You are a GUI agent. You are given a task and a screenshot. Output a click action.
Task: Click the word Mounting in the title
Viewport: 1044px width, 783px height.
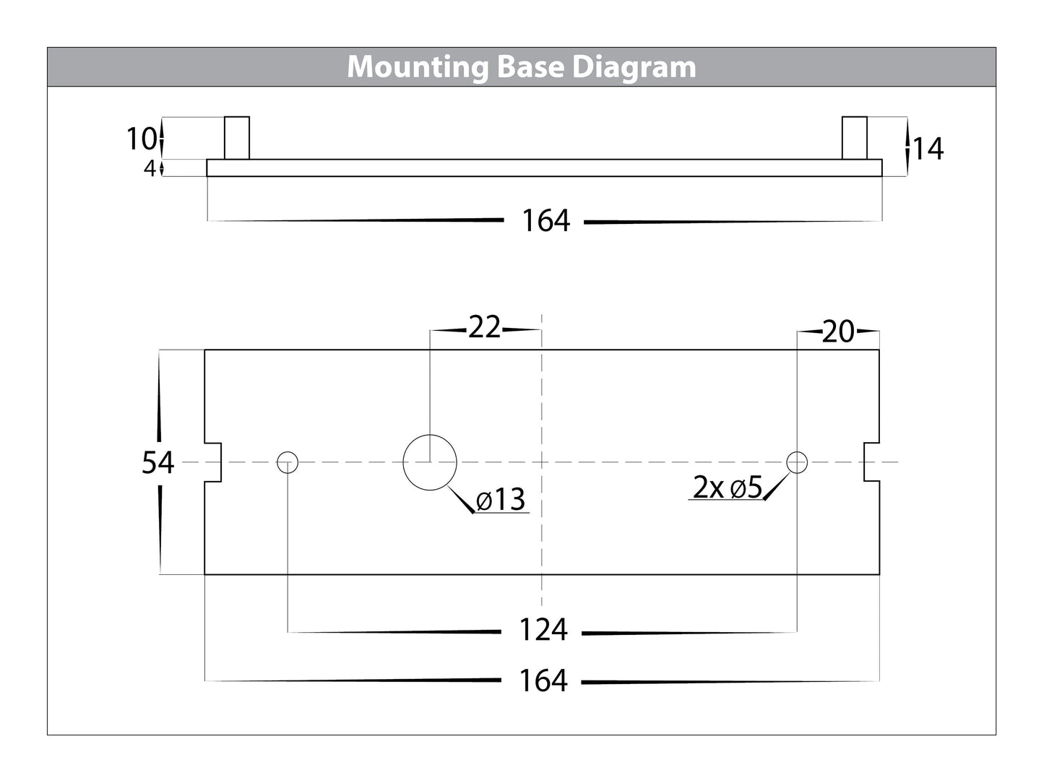coord(418,67)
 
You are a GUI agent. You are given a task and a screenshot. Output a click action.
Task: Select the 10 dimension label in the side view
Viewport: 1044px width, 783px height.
coord(141,138)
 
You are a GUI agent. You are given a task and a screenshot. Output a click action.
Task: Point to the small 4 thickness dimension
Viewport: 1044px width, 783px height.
coord(150,169)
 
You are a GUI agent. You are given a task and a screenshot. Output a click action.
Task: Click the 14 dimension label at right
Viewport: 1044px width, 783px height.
coord(928,149)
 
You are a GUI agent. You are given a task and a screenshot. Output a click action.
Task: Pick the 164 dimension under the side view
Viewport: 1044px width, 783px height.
coord(545,221)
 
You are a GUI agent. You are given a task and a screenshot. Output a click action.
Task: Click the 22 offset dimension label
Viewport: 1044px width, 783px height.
coord(484,328)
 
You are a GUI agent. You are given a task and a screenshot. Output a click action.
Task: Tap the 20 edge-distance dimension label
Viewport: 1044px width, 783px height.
coord(838,332)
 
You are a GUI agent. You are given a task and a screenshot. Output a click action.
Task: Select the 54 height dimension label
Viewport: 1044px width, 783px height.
coord(158,462)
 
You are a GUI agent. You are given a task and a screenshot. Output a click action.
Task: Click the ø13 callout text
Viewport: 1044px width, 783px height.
coord(501,499)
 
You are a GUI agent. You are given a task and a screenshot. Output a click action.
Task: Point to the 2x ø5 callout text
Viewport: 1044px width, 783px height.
coord(728,488)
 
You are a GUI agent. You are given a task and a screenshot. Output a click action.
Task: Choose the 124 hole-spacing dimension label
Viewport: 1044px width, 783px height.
coord(543,631)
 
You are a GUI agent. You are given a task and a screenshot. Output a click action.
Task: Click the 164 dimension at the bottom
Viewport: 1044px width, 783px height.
coord(543,680)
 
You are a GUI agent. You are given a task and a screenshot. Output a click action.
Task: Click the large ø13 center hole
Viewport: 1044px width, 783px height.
coord(430,462)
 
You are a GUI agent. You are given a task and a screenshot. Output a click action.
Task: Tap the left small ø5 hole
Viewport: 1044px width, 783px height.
coord(288,462)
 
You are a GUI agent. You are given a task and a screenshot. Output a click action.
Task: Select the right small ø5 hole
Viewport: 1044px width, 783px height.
coord(797,462)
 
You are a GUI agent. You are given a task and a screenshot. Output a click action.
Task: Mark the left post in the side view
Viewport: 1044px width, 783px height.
coord(237,138)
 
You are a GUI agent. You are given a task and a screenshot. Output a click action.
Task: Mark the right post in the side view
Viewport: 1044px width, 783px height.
coord(855,138)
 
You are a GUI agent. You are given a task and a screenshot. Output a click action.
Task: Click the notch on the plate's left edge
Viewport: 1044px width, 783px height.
coord(213,462)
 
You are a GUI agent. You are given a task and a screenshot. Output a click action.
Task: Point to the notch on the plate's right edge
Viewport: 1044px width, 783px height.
coord(871,462)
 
